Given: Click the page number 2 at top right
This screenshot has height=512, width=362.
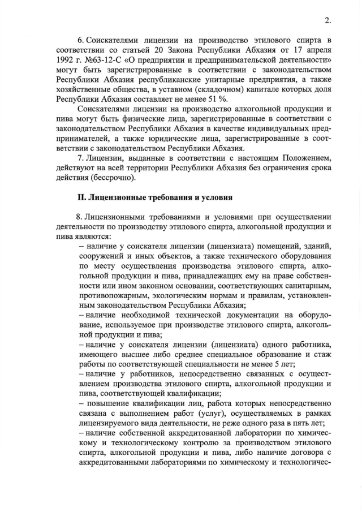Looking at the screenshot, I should click(327, 20).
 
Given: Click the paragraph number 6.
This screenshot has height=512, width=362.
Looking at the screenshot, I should click(80, 40).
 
